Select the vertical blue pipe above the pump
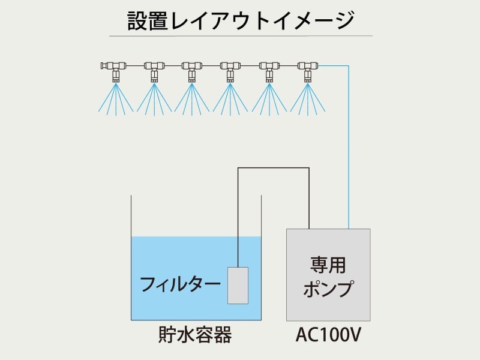tap(349, 150)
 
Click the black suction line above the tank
tap(273, 169)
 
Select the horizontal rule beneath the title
tap(240, 36)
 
